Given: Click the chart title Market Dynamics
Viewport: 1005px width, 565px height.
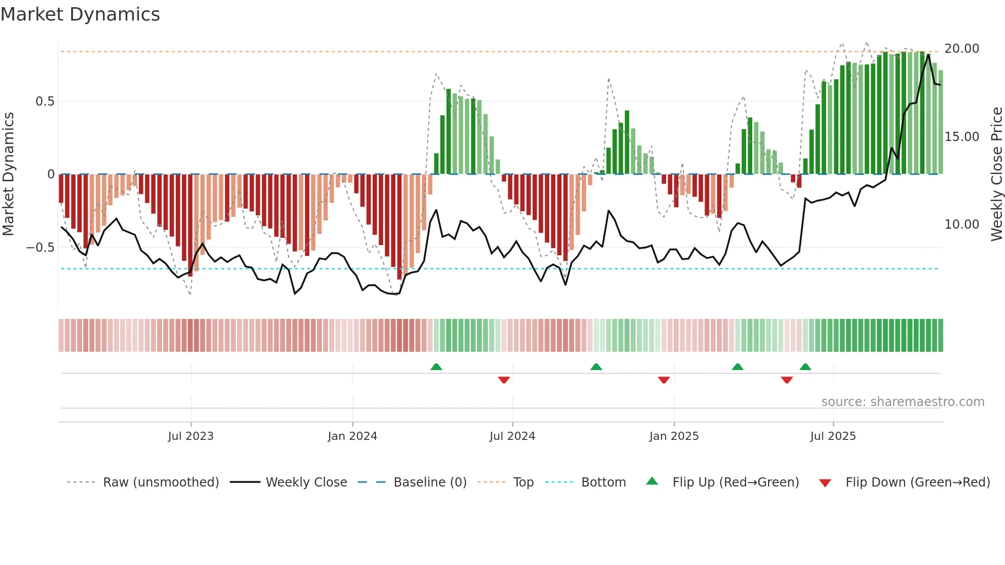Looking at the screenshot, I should click(80, 14).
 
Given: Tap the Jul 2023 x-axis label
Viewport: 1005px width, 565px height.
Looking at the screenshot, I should click(190, 436).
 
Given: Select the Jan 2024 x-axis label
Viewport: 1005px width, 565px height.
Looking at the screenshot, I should click(352, 436).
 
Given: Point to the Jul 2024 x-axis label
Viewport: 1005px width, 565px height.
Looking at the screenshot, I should click(512, 436).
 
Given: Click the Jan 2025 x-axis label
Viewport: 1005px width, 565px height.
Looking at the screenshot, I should click(674, 436).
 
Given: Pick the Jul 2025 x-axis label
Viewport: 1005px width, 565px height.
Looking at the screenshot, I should click(833, 436).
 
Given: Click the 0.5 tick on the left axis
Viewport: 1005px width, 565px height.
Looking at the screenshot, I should click(45, 102).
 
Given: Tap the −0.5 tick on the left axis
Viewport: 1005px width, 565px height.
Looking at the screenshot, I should click(41, 247).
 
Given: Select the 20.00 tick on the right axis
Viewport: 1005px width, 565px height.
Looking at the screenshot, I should click(961, 49).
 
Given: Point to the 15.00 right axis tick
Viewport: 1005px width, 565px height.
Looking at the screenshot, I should click(961, 137).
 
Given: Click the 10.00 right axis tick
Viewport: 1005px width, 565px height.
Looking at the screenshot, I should click(961, 225).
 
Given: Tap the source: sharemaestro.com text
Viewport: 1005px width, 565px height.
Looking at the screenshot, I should click(902, 402).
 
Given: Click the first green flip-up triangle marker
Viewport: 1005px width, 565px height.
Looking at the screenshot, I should click(436, 367).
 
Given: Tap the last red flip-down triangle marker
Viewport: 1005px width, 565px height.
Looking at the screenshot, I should click(787, 380).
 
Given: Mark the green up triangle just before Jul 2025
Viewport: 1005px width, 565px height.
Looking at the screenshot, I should click(805, 367).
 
